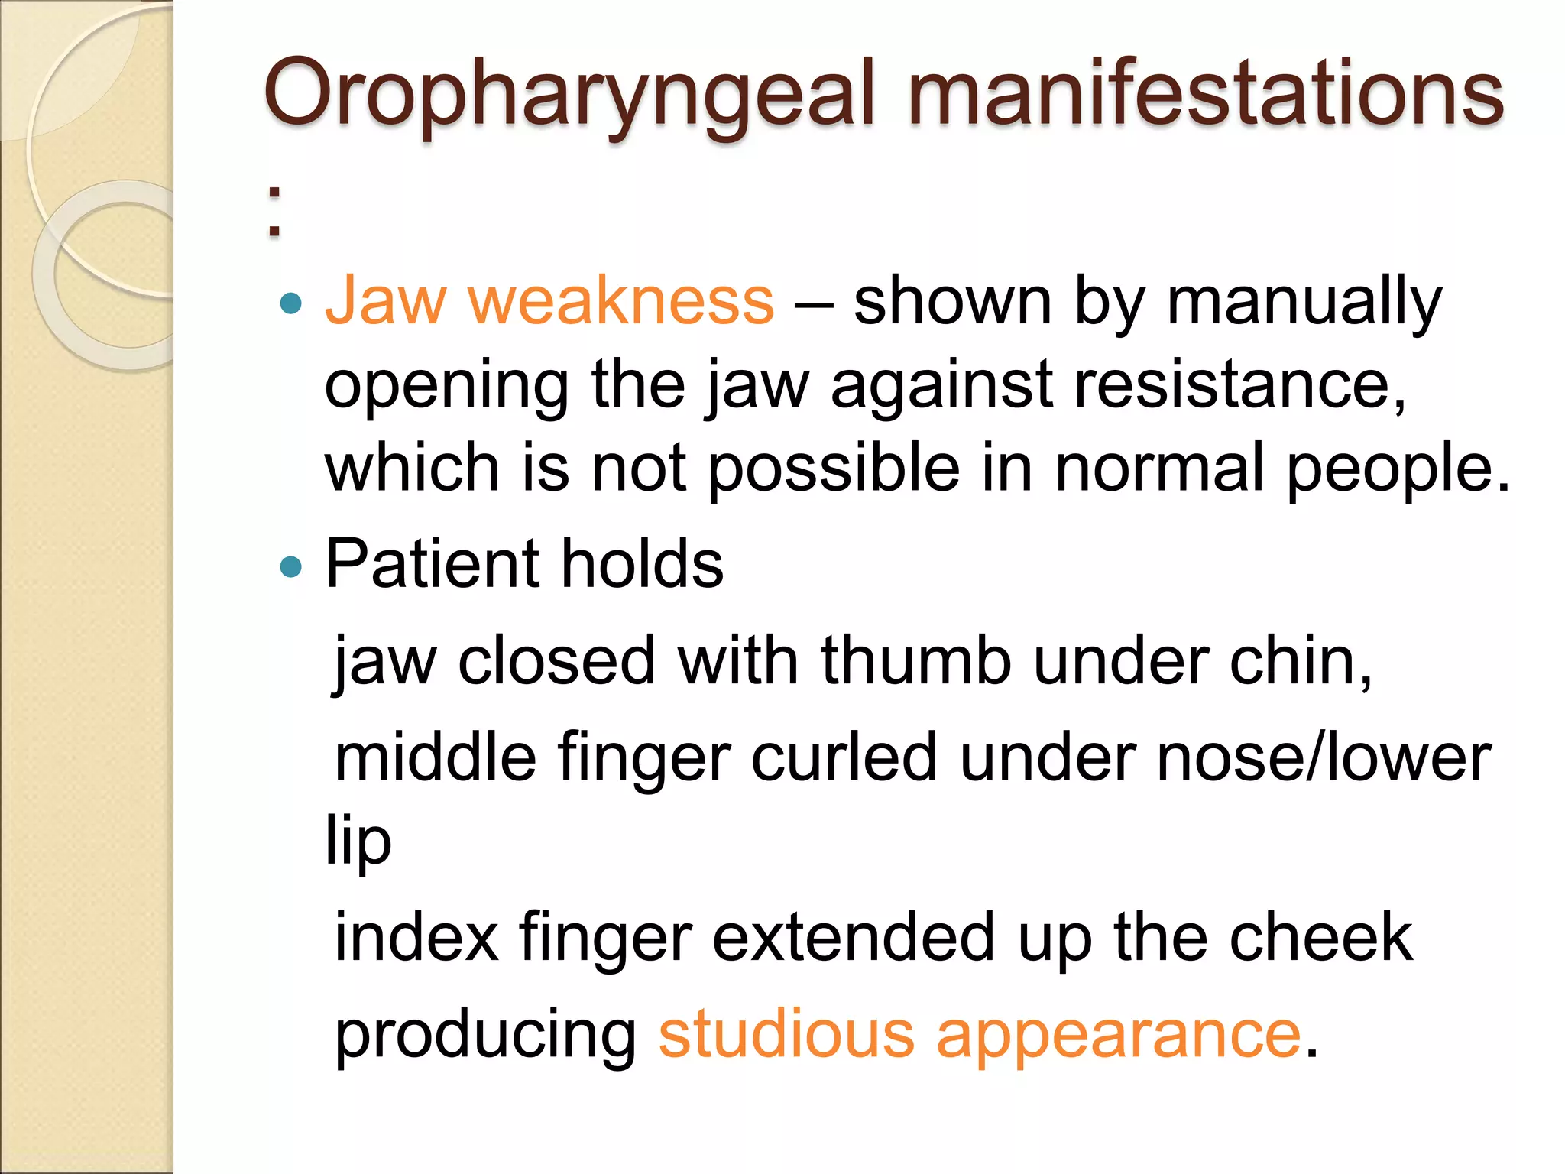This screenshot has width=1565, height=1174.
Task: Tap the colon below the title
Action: click(x=274, y=212)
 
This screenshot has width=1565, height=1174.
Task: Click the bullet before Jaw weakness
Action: click(x=291, y=304)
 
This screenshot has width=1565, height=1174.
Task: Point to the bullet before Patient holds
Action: click(x=291, y=566)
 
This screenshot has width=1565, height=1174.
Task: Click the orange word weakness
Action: click(x=620, y=300)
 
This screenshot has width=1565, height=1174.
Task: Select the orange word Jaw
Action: click(x=385, y=300)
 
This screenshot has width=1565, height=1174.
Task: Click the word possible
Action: click(x=834, y=469)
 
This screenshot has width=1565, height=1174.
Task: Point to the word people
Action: click(x=1398, y=469)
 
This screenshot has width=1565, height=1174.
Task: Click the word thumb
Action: click(x=916, y=660)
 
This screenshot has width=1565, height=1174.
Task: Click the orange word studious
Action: click(x=786, y=1034)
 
